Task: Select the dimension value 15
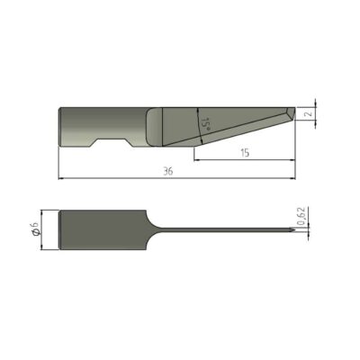(245, 155)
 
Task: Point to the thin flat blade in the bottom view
(225, 231)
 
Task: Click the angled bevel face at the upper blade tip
(285, 114)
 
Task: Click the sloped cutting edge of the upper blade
(234, 130)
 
